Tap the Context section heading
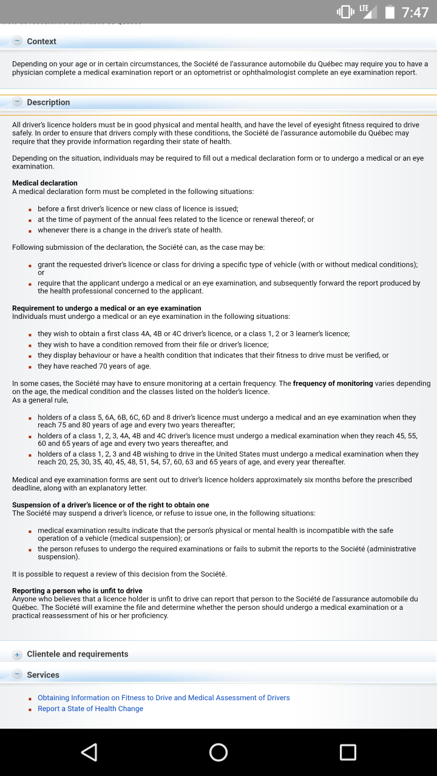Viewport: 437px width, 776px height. [x=41, y=41]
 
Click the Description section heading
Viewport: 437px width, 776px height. [x=49, y=102]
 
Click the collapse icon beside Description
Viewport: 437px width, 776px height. [x=18, y=102]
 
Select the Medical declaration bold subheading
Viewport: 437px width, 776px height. [x=45, y=183]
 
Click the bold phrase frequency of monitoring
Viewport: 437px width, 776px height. [x=333, y=384]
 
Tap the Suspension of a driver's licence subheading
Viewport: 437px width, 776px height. [x=110, y=505]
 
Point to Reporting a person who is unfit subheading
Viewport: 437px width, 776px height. [x=77, y=590]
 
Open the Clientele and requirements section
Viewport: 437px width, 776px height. [x=78, y=654]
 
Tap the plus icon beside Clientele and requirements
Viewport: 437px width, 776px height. [x=18, y=655]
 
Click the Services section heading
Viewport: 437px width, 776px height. [x=43, y=675]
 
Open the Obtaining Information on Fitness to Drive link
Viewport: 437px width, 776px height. [x=164, y=698]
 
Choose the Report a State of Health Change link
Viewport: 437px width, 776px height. [x=90, y=709]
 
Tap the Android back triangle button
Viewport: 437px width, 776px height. [x=89, y=752]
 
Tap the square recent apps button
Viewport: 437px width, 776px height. [x=348, y=752]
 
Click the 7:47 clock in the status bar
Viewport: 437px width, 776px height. [x=415, y=13]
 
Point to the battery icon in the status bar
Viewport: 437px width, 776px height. [x=390, y=13]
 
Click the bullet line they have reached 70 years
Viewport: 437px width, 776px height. [x=94, y=366]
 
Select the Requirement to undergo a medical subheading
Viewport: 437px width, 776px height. [x=107, y=308]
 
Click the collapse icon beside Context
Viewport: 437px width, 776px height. [x=18, y=41]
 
